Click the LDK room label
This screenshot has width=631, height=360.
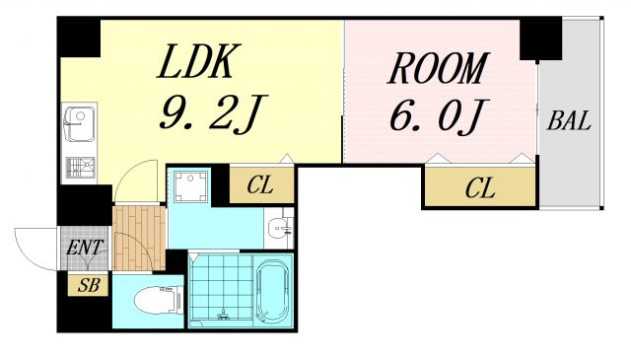coord(198,61)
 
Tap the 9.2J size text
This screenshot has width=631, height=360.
coord(213,114)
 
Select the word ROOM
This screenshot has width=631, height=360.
coord(438,68)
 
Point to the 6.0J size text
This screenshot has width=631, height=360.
coord(439,115)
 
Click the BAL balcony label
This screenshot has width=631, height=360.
coord(569,120)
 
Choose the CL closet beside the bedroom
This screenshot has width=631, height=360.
coord(480,187)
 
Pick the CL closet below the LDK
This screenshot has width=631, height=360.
coord(261,185)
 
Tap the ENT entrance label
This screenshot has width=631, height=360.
coord(85,248)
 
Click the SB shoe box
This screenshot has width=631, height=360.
coord(89,285)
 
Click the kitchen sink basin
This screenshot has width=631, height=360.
coord(80,124)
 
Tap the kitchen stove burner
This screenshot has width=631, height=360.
coord(81,168)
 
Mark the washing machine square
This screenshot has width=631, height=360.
coord(190,186)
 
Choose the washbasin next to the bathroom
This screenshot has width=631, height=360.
coord(278,228)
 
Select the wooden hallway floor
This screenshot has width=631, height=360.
coord(139,238)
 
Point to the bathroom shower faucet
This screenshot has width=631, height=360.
coord(222,314)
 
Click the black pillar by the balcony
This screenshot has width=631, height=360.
coord(540,38)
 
